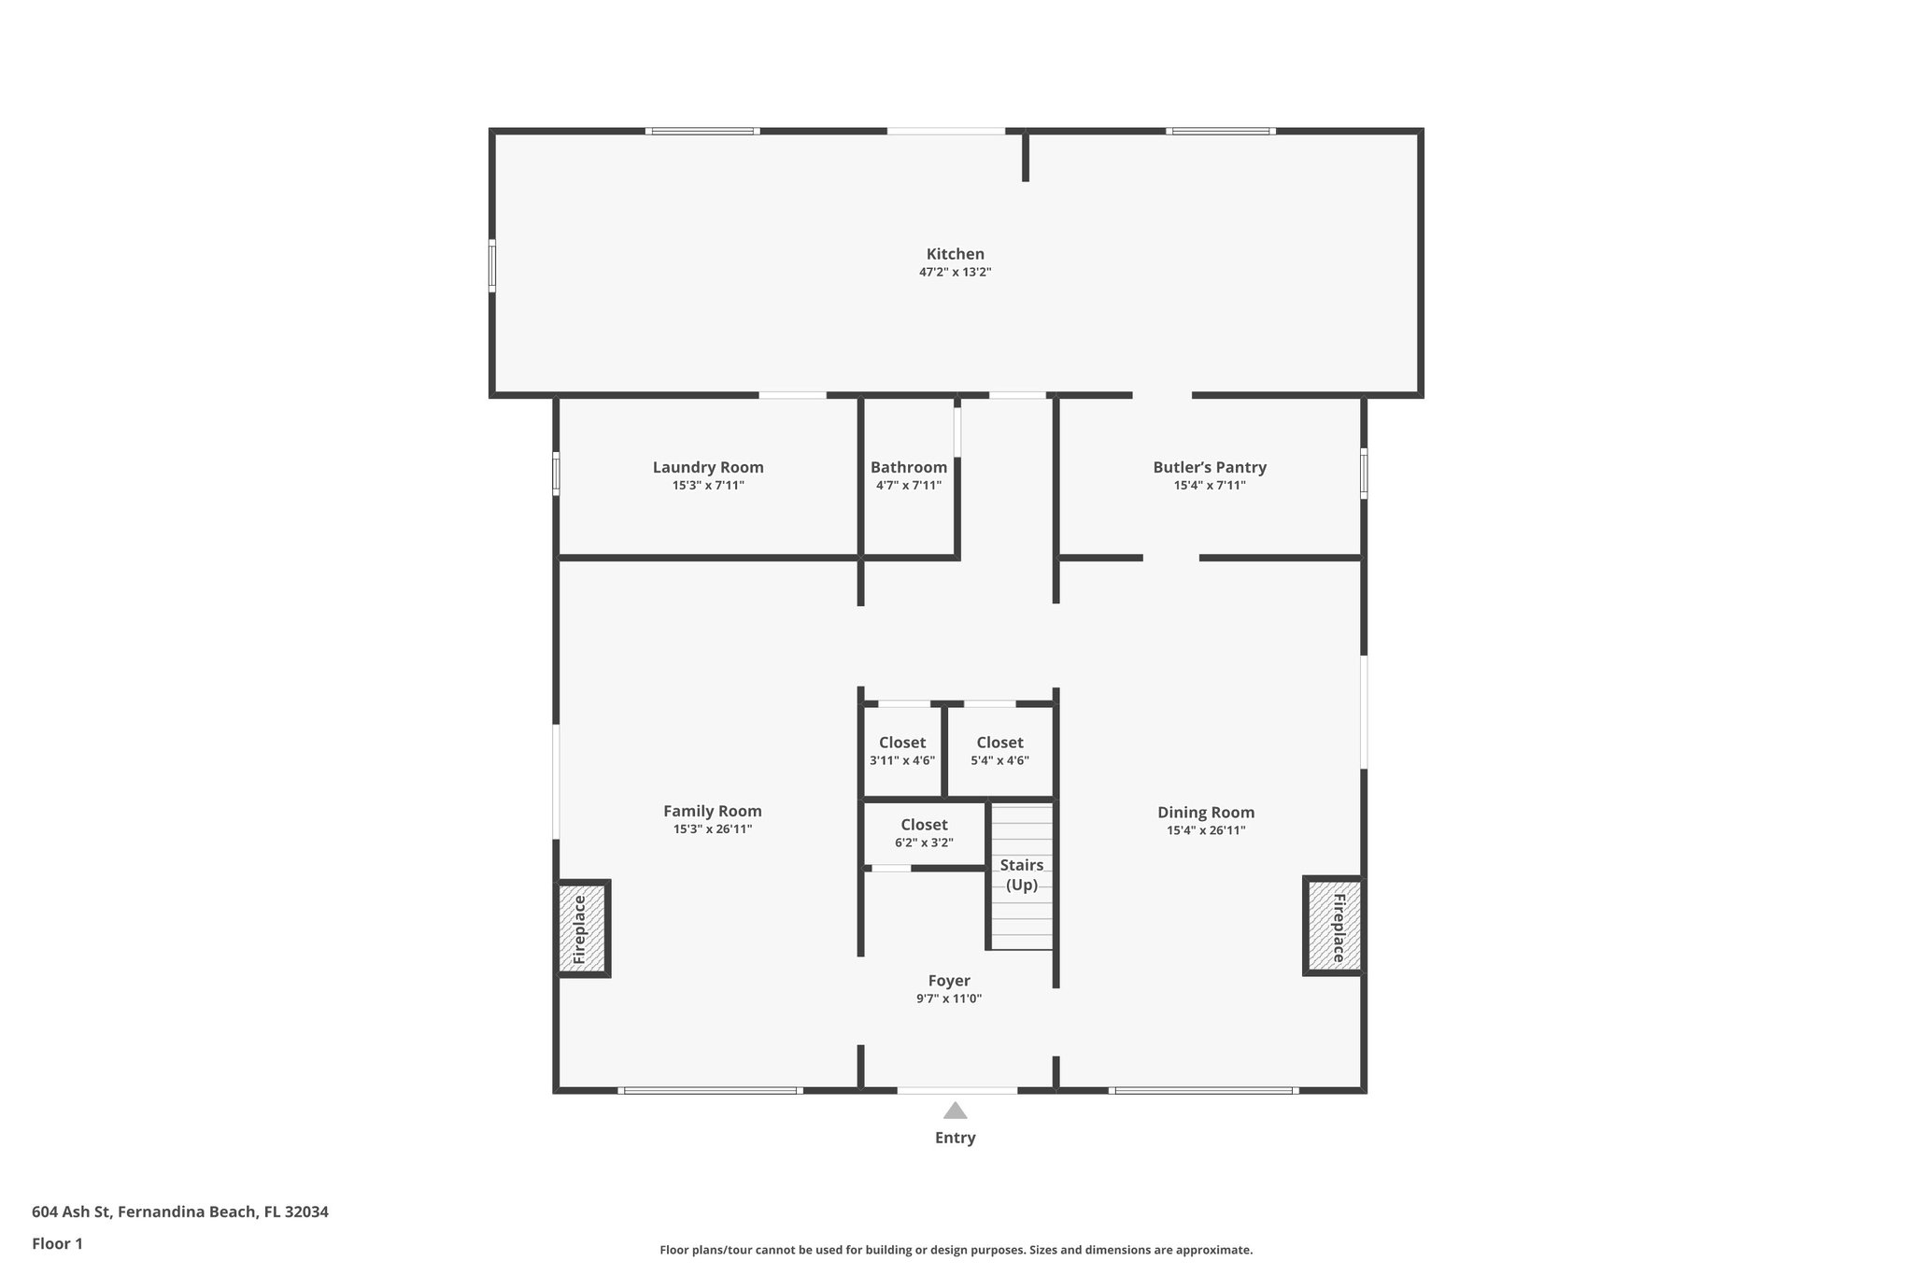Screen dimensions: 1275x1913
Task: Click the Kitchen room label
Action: tap(955, 254)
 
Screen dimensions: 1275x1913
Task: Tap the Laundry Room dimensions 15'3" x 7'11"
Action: tap(708, 486)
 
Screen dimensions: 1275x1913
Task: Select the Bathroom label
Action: tap(908, 467)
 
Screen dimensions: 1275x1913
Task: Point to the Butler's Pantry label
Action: tap(1209, 467)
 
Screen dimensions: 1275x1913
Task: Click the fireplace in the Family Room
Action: tap(580, 929)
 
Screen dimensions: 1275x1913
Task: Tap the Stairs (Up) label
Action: tap(1021, 874)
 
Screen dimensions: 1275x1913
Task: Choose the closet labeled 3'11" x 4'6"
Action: tap(901, 751)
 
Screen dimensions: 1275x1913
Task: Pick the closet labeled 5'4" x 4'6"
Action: tap(999, 751)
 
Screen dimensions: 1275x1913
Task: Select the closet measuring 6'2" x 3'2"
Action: tap(924, 833)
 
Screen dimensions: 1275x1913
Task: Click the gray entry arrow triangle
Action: tap(955, 1111)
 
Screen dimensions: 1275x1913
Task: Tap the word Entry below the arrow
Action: tap(955, 1138)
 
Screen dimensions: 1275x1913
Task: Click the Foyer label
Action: tap(948, 981)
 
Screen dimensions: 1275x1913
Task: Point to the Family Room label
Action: tap(712, 812)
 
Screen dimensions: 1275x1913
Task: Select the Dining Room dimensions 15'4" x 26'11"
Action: tap(1205, 830)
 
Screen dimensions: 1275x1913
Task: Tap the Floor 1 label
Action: tap(57, 1244)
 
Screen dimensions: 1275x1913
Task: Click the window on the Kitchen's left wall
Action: tap(492, 266)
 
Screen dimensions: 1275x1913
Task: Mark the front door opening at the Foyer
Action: tap(956, 1090)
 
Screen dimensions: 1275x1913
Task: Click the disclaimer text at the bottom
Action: tap(956, 1250)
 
